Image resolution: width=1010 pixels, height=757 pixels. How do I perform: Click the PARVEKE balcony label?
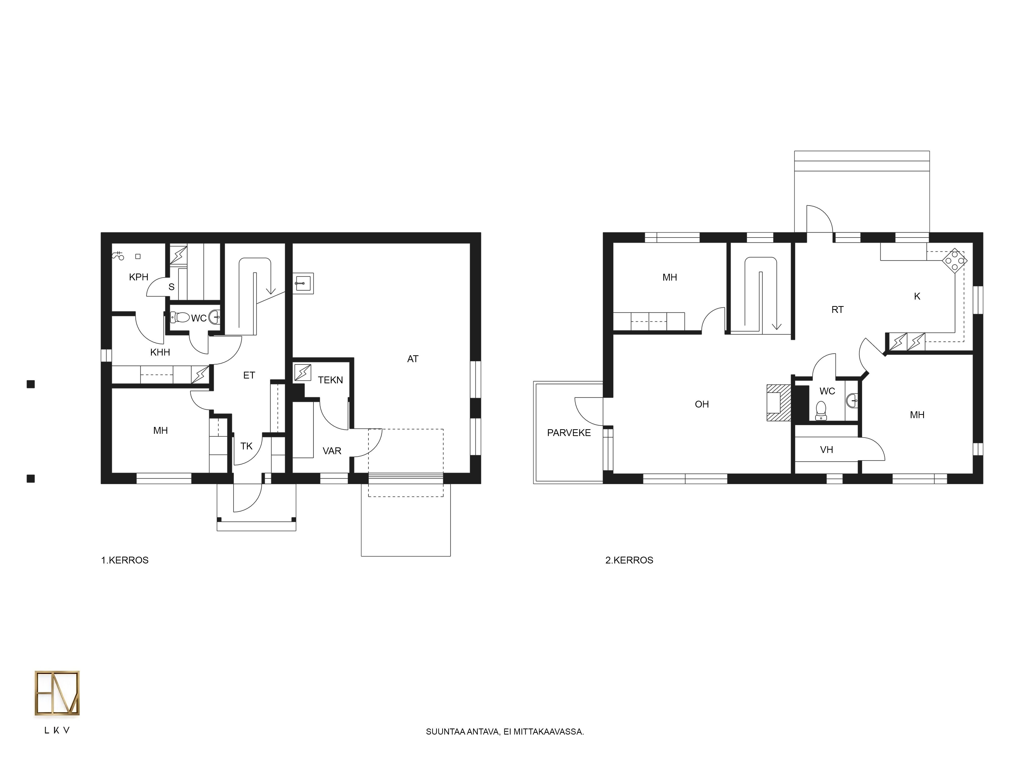569,432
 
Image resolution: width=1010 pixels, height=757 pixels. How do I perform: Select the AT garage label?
413,359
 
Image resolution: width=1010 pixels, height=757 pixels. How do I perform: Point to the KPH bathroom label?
139,277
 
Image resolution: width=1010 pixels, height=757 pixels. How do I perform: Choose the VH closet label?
826,450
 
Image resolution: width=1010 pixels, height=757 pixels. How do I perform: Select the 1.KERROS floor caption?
125,560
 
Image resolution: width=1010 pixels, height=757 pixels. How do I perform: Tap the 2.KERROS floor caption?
629,560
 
